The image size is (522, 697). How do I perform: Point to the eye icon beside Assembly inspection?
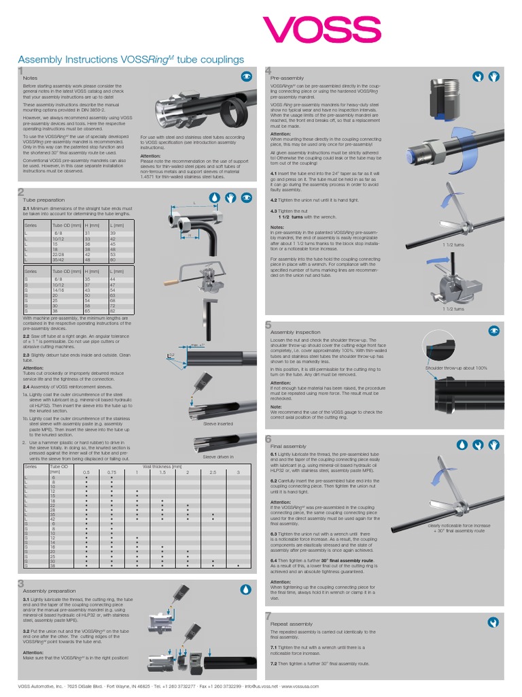click(x=493, y=330)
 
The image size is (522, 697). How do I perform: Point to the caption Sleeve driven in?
click(x=217, y=457)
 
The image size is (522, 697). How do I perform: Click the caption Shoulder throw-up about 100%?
click(x=456, y=368)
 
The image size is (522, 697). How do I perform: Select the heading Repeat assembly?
click(x=292, y=623)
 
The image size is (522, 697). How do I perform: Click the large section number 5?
click(x=268, y=325)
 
